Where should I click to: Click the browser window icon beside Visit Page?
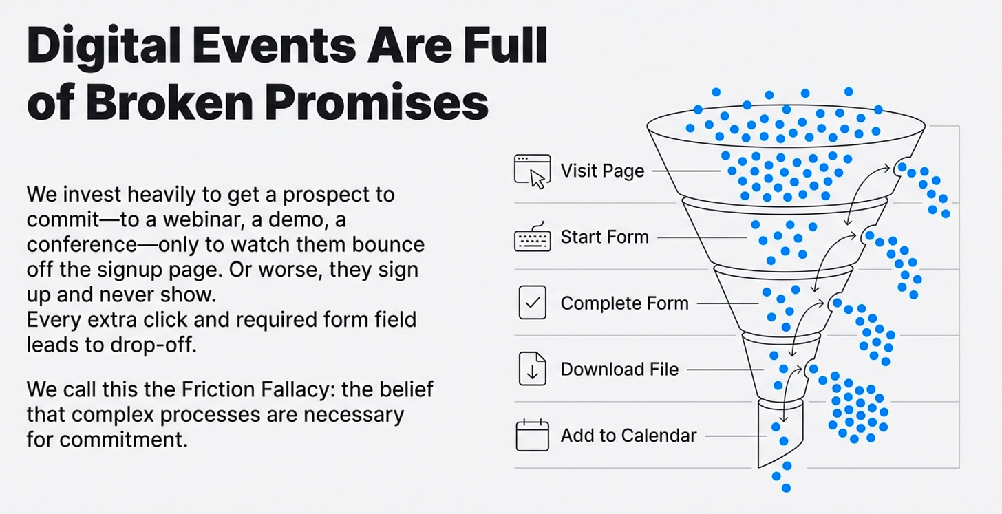click(533, 171)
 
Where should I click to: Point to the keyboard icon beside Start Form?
click(533, 237)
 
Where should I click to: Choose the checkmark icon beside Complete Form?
click(533, 303)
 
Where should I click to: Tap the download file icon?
click(533, 370)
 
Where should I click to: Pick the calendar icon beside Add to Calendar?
click(533, 436)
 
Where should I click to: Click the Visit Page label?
click(602, 171)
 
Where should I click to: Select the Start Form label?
click(604, 237)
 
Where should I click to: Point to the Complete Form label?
click(624, 303)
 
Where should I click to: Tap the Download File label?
click(619, 370)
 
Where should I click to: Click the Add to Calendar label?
click(628, 436)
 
